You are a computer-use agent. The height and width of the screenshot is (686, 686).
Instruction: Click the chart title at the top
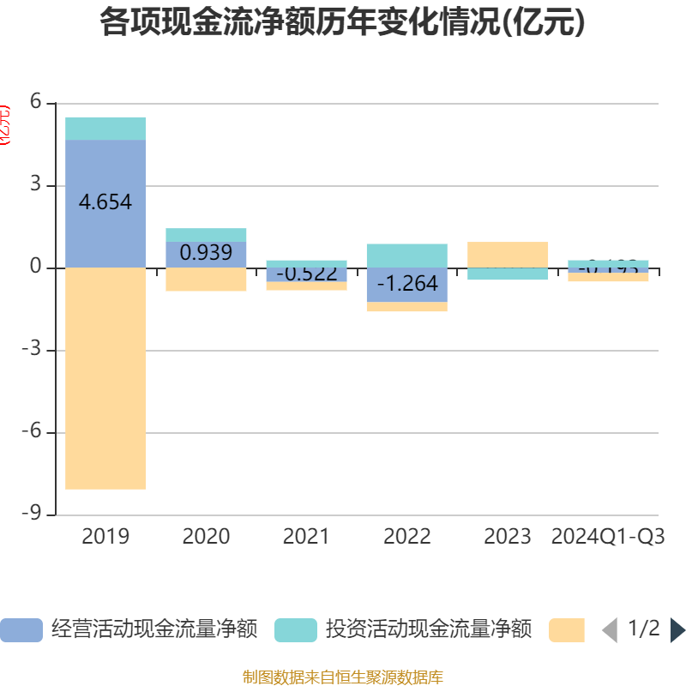tap(343, 23)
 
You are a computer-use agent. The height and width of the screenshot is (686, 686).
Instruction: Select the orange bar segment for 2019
tap(105, 378)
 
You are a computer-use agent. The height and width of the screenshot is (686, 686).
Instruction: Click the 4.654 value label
tap(105, 202)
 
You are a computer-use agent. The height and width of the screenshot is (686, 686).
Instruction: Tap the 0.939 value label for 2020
tap(206, 252)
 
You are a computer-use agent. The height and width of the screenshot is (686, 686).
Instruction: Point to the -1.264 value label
tap(407, 283)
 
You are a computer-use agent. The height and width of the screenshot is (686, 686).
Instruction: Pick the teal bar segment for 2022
tap(407, 256)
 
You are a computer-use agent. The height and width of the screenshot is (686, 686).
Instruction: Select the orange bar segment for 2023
tap(508, 255)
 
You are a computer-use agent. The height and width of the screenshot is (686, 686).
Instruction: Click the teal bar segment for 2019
tap(105, 128)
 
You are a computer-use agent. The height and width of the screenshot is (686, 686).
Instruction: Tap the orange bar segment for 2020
tap(206, 280)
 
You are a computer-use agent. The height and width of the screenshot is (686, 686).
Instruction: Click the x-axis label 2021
tap(306, 537)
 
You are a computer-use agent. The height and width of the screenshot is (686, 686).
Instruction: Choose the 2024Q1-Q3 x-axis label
tap(608, 537)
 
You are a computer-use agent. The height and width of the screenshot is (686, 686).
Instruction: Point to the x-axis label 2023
tap(508, 537)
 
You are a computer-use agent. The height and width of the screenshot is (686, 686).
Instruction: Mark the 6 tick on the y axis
tap(35, 103)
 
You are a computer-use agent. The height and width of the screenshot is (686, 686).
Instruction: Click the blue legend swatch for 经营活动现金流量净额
tap(21, 630)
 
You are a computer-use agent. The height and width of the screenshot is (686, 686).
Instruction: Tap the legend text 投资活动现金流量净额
tap(429, 629)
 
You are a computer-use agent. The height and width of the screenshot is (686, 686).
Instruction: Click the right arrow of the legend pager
tap(677, 630)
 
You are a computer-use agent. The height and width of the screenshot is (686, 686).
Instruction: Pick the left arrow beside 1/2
tap(610, 630)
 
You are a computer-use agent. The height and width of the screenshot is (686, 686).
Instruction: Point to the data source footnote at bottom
tap(343, 677)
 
